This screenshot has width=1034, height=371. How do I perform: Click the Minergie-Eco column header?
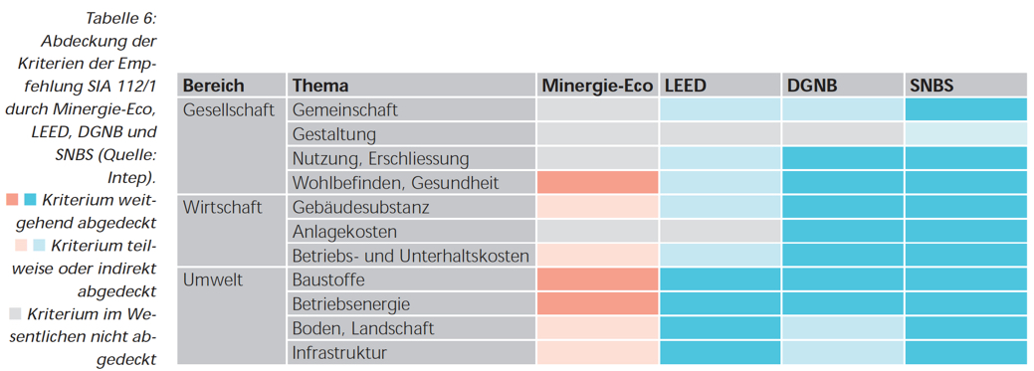click(x=597, y=86)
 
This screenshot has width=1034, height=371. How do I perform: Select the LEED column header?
click(x=685, y=86)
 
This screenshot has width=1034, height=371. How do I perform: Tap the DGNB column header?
click(x=811, y=86)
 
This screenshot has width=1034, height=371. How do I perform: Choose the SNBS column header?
click(x=931, y=86)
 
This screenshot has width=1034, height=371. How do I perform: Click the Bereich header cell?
click(x=213, y=86)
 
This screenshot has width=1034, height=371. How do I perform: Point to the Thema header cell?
click(x=320, y=86)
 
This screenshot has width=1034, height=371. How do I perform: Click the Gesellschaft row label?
click(x=229, y=110)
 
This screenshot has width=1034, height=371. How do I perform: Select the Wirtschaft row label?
click(x=222, y=207)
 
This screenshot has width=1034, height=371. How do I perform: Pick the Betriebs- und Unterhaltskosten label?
click(x=410, y=256)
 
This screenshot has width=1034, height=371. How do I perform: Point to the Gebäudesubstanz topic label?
click(x=359, y=207)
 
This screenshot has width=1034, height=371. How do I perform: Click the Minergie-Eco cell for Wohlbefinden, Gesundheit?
click(x=597, y=183)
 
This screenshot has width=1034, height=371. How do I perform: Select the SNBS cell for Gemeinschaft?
click(x=965, y=110)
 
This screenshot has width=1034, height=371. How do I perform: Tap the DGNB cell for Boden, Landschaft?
click(x=843, y=328)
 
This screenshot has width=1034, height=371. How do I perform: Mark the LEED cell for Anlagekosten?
click(x=721, y=232)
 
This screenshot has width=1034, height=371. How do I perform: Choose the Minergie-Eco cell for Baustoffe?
click(x=597, y=279)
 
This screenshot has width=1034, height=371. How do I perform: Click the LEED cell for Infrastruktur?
click(x=721, y=352)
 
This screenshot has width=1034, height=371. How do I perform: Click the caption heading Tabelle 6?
click(x=120, y=19)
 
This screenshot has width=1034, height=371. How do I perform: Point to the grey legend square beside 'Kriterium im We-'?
click(x=15, y=313)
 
